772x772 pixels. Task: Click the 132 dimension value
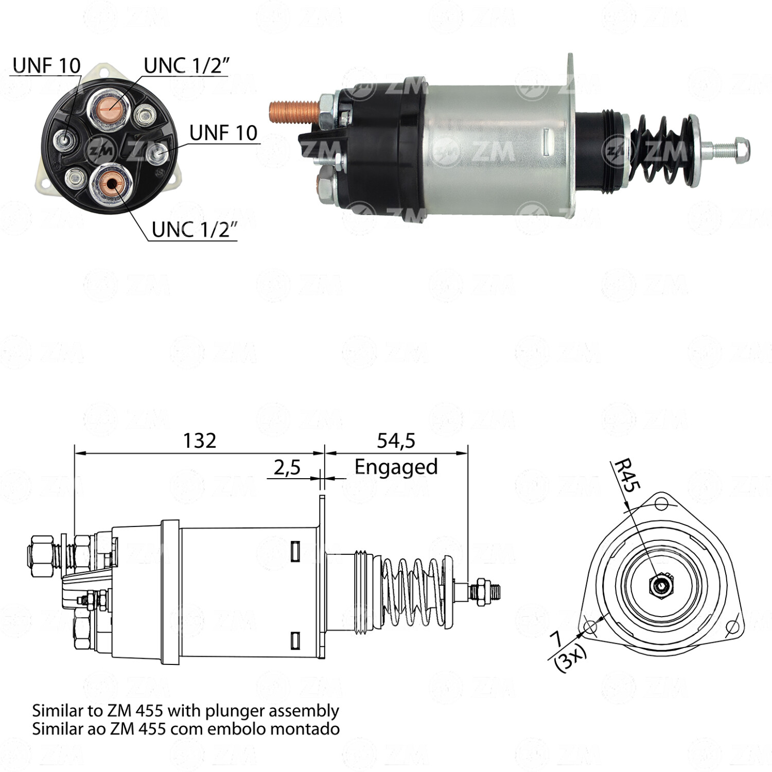pos(200,441)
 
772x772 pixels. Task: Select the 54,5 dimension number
pos(396,441)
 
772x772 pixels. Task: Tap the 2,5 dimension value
pos(287,468)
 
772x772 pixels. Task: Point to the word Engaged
pos(396,467)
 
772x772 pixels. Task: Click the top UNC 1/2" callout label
pos(186,66)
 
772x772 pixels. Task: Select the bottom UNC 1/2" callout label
pos(195,230)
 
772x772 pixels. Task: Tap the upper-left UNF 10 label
pos(46,65)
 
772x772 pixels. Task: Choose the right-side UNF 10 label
pos(223,132)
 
